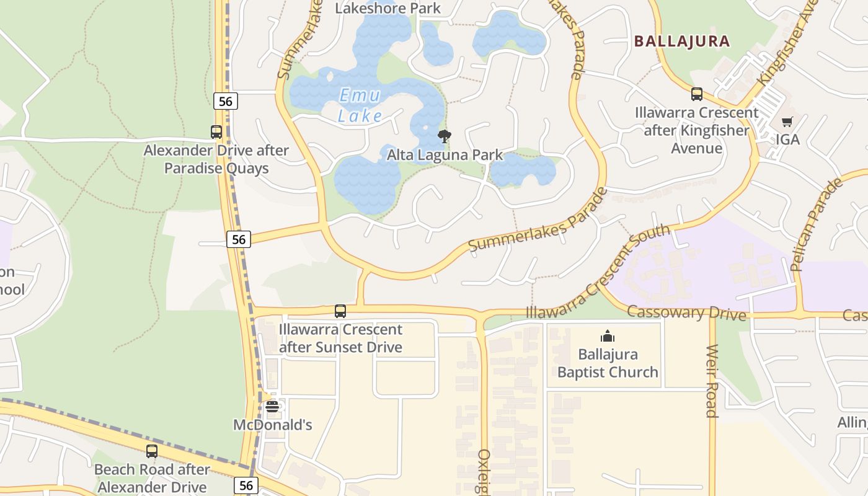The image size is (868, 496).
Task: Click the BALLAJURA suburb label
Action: [x=681, y=42]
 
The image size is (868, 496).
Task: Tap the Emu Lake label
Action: [x=360, y=105]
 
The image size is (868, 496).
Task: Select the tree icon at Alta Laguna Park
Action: [x=444, y=136]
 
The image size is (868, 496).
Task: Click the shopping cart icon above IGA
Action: [x=787, y=122]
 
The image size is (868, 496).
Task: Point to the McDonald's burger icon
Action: [x=272, y=407]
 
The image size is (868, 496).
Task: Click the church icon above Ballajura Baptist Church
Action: [x=607, y=336]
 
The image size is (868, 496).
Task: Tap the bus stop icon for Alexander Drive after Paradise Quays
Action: [x=216, y=131]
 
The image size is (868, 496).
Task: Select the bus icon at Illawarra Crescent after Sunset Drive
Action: [x=340, y=311]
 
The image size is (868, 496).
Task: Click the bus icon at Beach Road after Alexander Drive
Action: [x=151, y=451]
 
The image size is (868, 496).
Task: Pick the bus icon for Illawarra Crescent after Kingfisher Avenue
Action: [x=697, y=94]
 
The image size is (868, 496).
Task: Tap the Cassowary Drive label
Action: [x=686, y=312]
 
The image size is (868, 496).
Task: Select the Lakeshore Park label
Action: [x=387, y=8]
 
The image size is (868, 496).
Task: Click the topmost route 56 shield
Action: [x=226, y=101]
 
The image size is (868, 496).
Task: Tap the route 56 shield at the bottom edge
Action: [x=246, y=485]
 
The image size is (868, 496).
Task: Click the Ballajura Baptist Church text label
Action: [x=607, y=363]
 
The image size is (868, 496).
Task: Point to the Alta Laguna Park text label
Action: [x=445, y=155]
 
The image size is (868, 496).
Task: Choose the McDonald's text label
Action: [x=272, y=425]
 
